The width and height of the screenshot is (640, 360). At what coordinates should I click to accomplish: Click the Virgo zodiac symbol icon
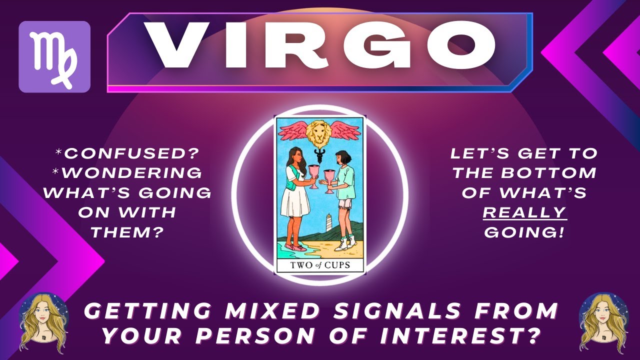click(x=54, y=56)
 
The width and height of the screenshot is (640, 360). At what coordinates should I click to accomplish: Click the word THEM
click(x=127, y=232)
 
